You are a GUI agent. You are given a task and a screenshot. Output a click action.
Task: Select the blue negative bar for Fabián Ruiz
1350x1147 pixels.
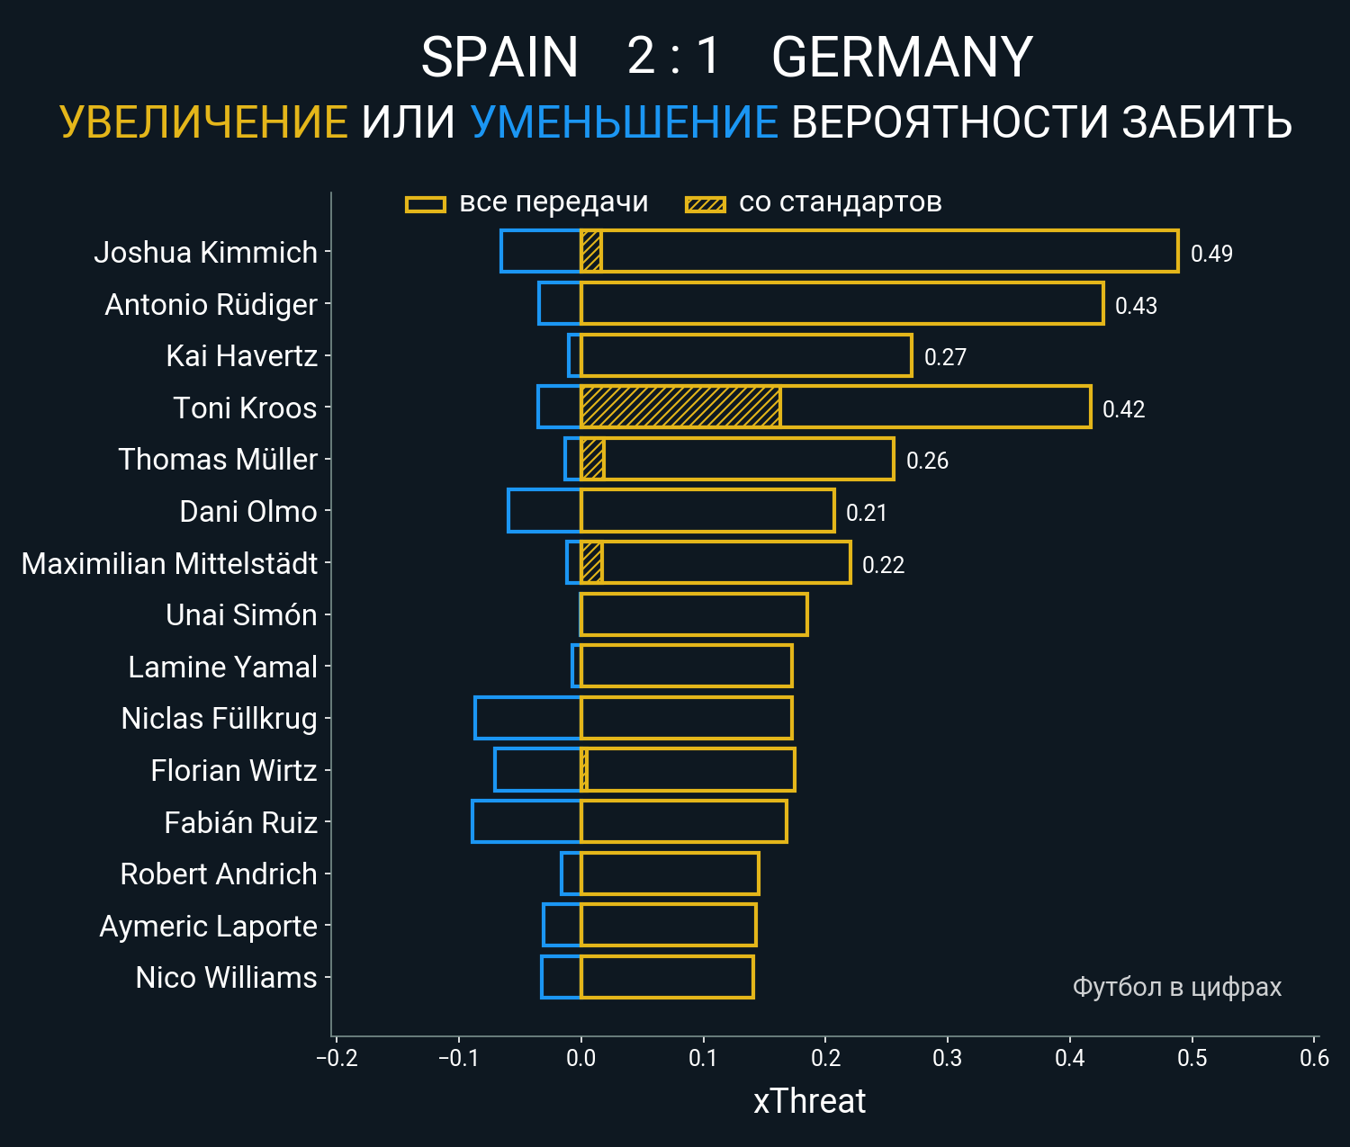(x=526, y=821)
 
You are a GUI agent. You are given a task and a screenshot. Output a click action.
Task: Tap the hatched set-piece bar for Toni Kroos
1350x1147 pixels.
(x=680, y=407)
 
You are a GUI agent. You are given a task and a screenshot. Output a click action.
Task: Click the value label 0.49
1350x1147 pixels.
(x=1211, y=254)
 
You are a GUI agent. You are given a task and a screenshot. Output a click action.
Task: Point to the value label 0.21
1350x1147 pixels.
(x=867, y=513)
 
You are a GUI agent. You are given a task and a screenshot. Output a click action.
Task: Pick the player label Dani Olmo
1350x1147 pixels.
(x=248, y=511)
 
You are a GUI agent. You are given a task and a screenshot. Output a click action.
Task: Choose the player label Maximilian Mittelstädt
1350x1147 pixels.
(x=169, y=563)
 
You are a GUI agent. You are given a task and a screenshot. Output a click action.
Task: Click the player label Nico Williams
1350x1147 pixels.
(x=226, y=977)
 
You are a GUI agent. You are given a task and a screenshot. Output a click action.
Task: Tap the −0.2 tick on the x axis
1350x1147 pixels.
(x=337, y=1058)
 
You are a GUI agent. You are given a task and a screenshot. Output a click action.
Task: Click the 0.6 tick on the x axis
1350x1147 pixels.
(x=1314, y=1058)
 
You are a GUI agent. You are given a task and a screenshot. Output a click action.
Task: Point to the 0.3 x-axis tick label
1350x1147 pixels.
(x=948, y=1058)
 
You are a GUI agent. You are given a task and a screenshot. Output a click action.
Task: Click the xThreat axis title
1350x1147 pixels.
(x=809, y=1101)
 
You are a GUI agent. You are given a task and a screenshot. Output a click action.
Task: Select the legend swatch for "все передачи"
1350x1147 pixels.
(x=426, y=204)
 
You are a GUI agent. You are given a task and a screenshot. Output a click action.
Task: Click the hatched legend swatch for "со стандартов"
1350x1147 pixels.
(x=706, y=204)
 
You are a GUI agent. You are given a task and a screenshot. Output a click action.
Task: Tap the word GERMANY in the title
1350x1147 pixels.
(x=902, y=58)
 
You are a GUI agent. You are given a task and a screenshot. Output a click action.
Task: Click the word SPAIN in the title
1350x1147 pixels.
(x=499, y=58)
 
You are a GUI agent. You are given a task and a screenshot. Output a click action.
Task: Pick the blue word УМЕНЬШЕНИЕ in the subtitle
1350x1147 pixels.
(x=624, y=122)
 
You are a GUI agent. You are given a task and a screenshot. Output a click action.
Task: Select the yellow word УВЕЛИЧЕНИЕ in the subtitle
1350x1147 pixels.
(x=203, y=122)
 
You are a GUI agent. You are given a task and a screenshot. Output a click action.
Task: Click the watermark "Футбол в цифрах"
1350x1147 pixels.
(x=1176, y=987)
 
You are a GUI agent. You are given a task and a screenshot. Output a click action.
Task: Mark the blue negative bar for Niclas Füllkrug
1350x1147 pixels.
(x=527, y=718)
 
